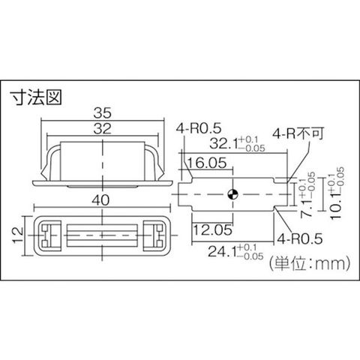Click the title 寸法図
point(36,97)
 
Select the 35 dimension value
point(102,113)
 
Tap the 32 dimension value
point(102,129)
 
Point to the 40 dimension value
point(100,200)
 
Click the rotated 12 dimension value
point(18,235)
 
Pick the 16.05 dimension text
point(207,163)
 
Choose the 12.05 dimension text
point(213,229)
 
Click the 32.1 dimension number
point(223,144)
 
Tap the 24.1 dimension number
point(222,252)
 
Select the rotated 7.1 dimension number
point(306,208)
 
